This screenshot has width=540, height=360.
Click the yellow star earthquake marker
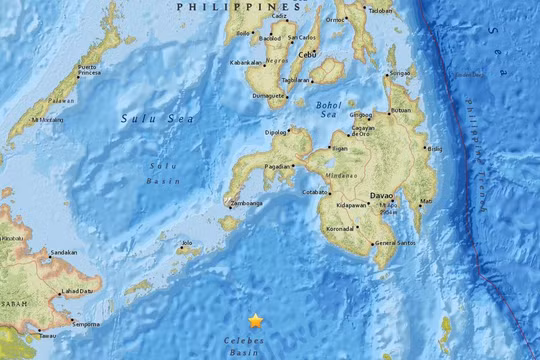click(x=256, y=321)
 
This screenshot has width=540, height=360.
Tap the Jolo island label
click(x=185, y=242)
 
